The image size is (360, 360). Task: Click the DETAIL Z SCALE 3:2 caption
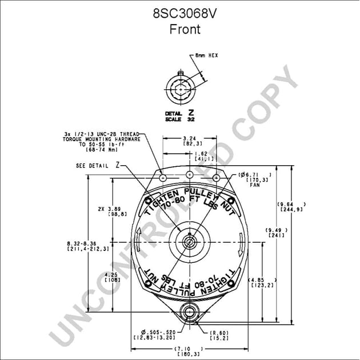pyautogui.click(x=181, y=117)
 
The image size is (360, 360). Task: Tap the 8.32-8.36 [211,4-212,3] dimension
pyautogui.click(x=88, y=246)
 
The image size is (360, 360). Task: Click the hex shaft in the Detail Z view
pyautogui.click(x=181, y=89)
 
